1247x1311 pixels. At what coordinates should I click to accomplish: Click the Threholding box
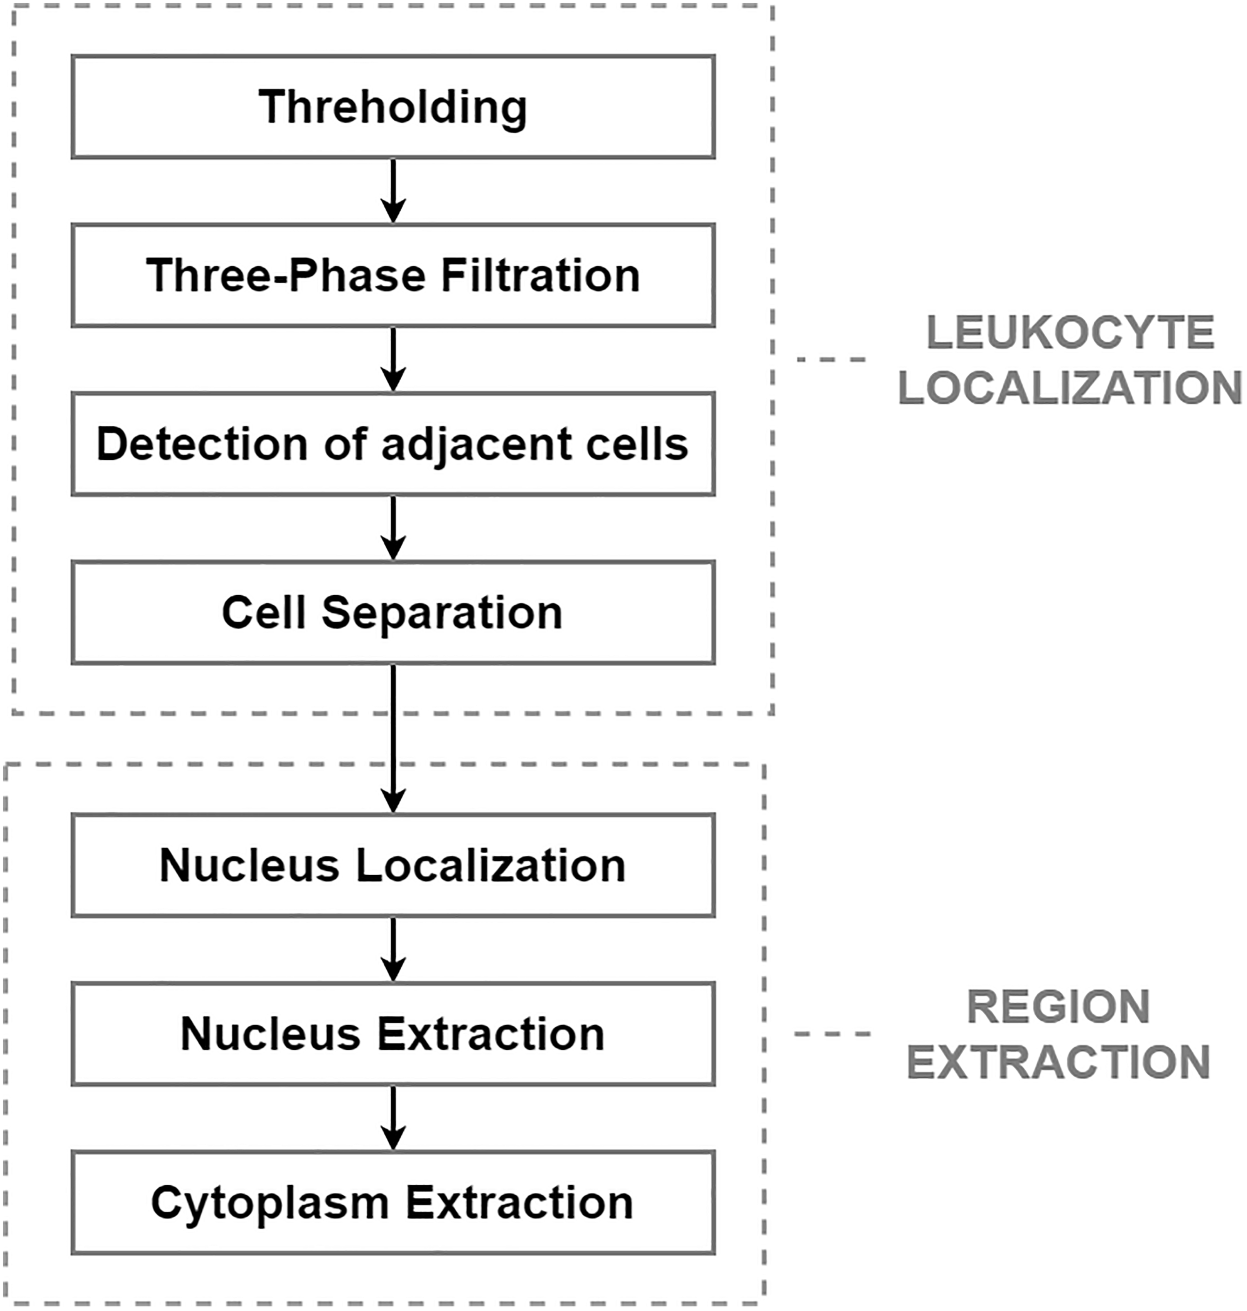coord(393,107)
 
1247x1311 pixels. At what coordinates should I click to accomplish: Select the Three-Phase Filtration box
coord(393,275)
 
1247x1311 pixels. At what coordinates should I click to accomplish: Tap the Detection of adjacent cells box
coord(393,444)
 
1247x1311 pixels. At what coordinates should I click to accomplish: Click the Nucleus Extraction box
coord(393,1034)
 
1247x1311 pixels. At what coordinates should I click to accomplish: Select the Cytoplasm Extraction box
coord(393,1202)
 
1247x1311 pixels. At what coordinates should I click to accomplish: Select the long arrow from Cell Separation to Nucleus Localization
coord(393,738)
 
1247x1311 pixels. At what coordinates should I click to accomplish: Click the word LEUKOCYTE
coord(1070,332)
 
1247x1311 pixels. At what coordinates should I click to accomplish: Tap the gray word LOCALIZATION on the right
coord(1070,388)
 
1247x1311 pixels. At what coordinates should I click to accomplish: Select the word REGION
coord(1058,1007)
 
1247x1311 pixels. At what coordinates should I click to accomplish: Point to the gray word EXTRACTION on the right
coord(1058,1062)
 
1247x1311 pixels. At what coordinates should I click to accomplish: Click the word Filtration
coord(540,275)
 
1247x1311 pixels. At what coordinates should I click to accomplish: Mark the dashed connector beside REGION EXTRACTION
coord(832,1034)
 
